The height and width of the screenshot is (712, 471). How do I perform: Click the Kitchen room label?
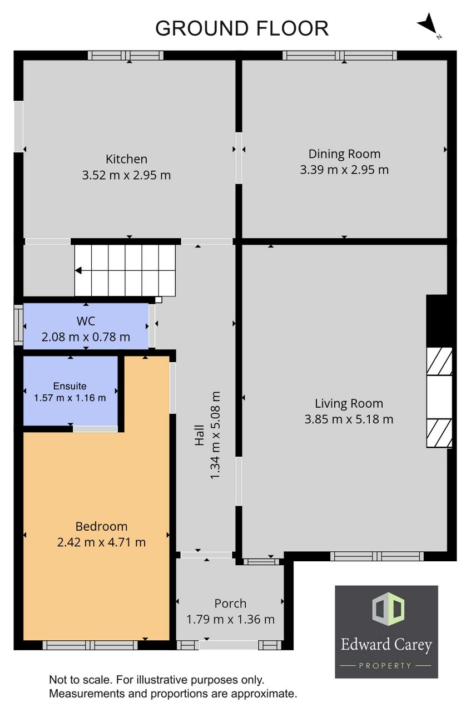(126, 159)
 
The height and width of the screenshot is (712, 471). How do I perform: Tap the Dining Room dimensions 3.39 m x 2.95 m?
(344, 170)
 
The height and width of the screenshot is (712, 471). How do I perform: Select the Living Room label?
(349, 403)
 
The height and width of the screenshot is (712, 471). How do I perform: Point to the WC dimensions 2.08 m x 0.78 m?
(86, 337)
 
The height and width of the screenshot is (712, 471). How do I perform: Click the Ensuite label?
(70, 386)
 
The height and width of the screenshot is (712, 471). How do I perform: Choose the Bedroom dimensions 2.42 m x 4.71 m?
(101, 542)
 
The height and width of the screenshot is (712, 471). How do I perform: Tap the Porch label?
(230, 604)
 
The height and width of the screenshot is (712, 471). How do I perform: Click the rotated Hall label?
(199, 435)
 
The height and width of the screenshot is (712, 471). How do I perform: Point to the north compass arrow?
(428, 23)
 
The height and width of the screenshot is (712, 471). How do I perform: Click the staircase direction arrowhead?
(78, 270)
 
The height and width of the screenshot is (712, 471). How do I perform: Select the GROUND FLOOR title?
(242, 28)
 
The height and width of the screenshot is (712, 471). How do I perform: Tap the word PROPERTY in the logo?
(385, 666)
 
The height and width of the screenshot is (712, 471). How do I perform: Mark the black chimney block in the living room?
(439, 321)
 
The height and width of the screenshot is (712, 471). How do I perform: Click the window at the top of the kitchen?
(126, 56)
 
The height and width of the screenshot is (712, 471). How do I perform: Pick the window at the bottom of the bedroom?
(90, 645)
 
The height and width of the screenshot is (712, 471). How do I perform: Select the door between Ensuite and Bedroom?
(95, 429)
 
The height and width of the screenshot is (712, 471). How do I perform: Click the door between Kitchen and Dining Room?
(239, 158)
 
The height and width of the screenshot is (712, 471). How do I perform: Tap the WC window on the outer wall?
(18, 325)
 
